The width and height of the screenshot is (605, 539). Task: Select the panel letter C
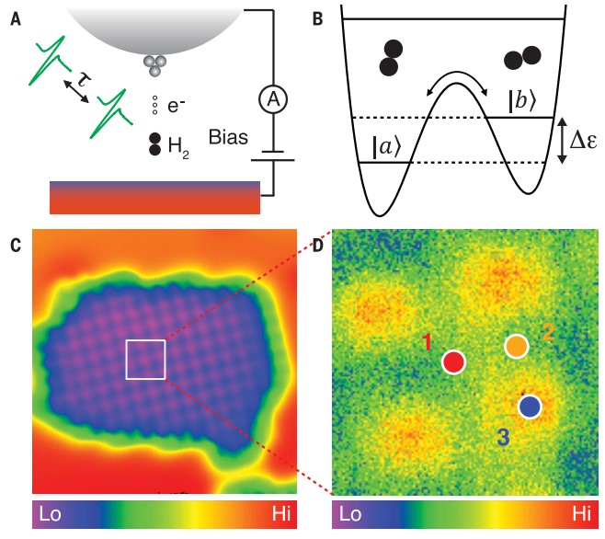16,245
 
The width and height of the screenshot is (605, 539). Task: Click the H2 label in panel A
173,145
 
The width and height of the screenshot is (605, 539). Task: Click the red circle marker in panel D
452,361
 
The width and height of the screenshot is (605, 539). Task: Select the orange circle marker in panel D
518,345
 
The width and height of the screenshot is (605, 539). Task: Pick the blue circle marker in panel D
529,406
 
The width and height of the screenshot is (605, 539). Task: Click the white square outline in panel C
145,359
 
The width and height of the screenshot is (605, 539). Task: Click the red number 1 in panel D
428,343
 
